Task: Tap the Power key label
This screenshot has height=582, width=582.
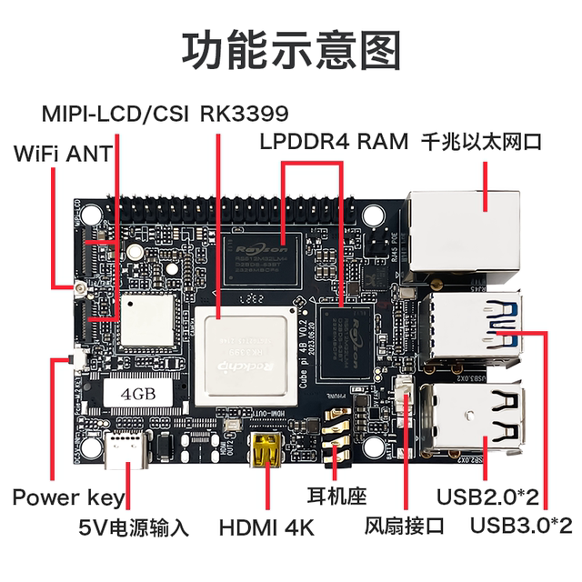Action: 68,497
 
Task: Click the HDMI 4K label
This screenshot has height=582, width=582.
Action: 266,527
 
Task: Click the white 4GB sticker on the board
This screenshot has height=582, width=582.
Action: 143,394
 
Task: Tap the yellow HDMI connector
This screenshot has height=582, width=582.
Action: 265,449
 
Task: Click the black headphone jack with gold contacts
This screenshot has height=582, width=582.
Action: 336,440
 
